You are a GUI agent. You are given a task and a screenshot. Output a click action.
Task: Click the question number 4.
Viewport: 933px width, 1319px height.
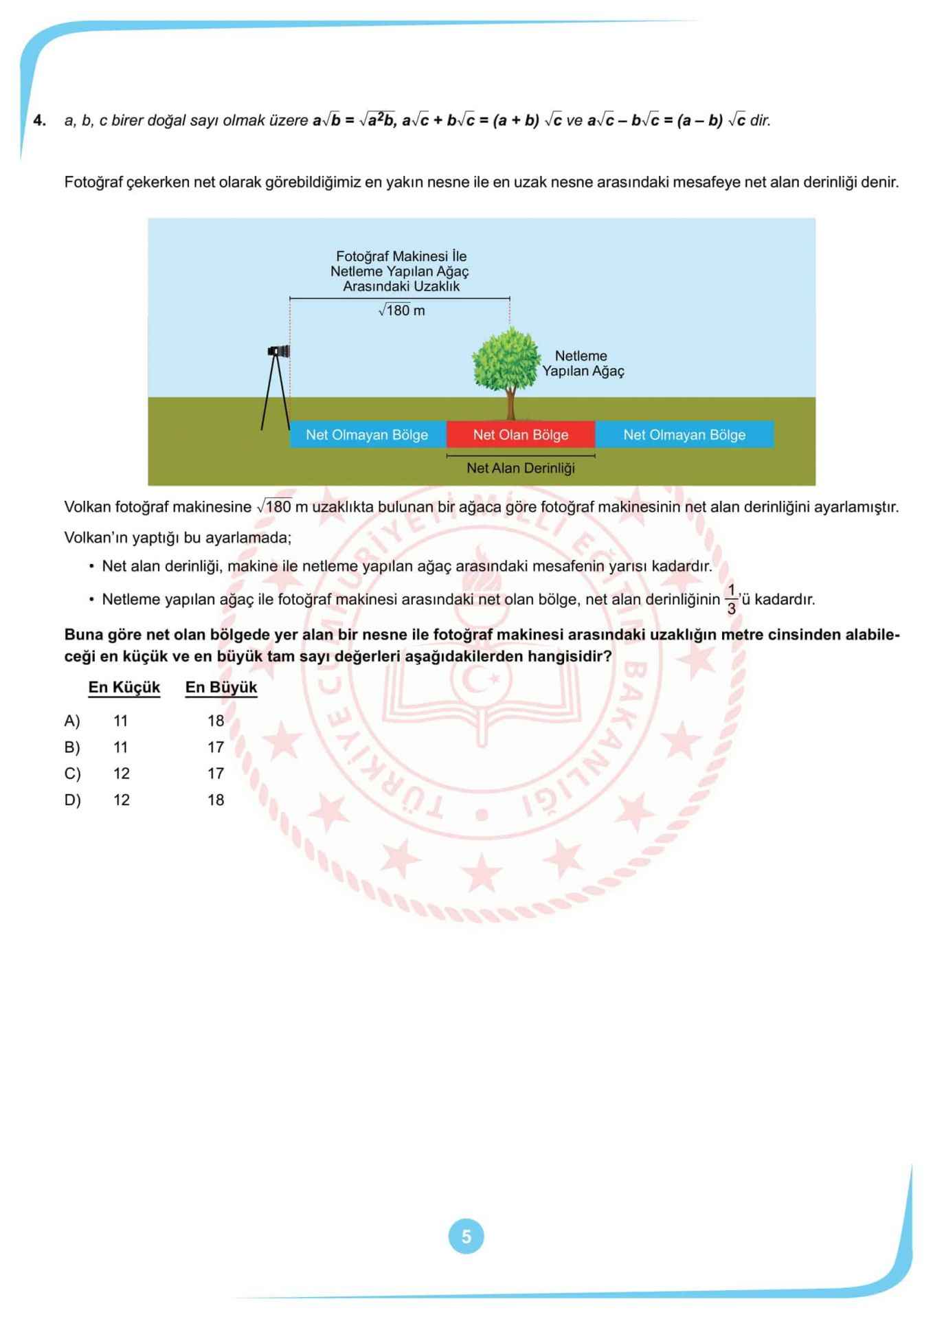tap(39, 120)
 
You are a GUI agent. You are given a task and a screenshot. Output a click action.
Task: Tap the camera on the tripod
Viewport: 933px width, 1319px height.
tap(279, 352)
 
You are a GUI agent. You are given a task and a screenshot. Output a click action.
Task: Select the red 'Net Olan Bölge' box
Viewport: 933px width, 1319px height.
tap(520, 434)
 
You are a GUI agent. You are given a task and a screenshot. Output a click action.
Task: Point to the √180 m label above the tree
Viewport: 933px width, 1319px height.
tap(402, 311)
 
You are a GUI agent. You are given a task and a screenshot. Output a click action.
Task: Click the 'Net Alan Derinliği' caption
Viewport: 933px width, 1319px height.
tap(520, 468)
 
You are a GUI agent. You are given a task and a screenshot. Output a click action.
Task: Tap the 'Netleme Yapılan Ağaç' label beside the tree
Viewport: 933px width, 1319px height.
tap(583, 363)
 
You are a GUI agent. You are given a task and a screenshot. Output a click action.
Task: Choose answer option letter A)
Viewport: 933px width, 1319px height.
tap(72, 721)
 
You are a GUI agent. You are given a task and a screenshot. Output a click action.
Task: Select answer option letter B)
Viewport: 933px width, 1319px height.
tap(72, 747)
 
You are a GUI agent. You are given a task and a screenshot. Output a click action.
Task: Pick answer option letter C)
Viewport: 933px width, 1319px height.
tap(72, 774)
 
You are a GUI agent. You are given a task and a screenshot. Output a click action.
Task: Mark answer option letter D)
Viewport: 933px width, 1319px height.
tap(72, 800)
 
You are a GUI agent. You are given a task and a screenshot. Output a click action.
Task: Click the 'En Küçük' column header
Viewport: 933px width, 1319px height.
tap(124, 687)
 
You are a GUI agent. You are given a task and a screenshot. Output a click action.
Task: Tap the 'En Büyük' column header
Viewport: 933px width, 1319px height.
tap(221, 687)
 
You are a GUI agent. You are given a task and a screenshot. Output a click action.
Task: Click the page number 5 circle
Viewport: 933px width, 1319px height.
tap(466, 1237)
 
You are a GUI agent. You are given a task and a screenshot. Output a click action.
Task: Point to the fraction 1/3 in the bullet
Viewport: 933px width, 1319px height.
tap(731, 600)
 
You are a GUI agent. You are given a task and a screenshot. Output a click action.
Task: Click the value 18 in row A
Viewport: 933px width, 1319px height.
tap(216, 721)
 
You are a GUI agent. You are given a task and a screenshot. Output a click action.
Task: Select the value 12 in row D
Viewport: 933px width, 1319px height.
tap(122, 800)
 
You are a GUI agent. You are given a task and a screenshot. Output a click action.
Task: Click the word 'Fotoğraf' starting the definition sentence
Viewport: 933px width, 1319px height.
tap(93, 182)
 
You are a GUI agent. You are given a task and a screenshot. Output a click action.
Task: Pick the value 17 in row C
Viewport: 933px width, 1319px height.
tap(216, 774)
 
